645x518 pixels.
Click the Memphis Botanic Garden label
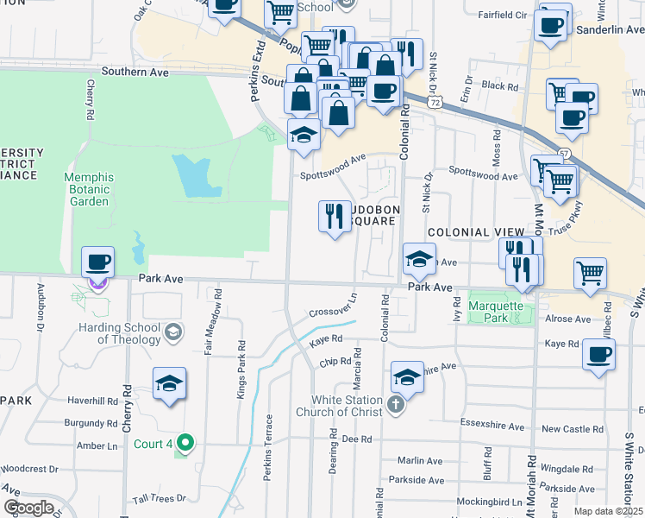[101, 189]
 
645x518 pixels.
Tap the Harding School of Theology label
[119, 333]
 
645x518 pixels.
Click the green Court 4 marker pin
[185, 444]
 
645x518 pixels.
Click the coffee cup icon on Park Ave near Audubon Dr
[98, 263]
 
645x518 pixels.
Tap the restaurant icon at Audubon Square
[335, 216]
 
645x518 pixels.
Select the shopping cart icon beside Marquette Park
[591, 273]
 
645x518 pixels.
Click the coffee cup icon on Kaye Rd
[598, 355]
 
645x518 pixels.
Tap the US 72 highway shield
[436, 102]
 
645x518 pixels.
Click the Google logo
[28, 508]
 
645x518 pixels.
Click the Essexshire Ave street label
[493, 426]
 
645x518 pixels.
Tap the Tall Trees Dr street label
[160, 498]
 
